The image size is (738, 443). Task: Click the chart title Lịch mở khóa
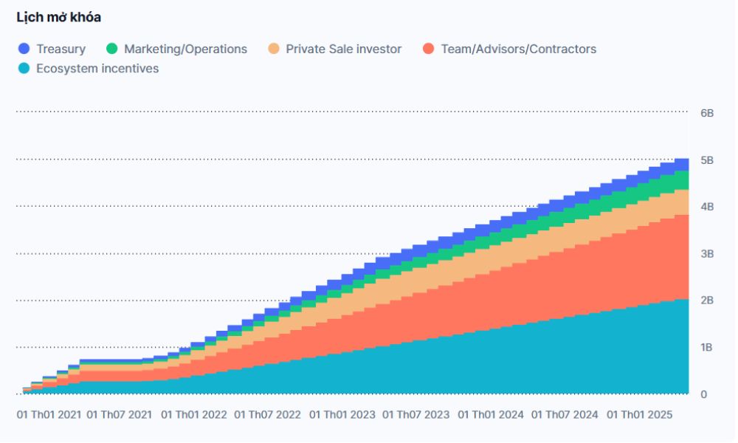pos(58,17)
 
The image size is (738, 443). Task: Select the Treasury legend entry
pos(61,49)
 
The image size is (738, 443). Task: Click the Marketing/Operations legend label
pos(185,49)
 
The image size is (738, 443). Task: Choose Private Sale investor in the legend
pos(343,49)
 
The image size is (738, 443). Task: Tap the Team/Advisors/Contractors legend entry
pos(518,49)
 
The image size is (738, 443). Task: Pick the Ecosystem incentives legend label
pos(97,69)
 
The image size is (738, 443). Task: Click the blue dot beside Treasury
pos(24,49)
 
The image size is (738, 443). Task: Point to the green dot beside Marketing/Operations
pos(112,49)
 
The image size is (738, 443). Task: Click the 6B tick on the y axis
pos(707,113)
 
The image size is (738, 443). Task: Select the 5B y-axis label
pos(707,160)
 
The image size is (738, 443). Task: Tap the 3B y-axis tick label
pos(707,254)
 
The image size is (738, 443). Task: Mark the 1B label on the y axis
pos(707,347)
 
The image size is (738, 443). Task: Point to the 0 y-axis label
pos(704,394)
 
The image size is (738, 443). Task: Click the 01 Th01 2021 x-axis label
pos(49,415)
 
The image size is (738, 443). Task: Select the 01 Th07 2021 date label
pos(120,415)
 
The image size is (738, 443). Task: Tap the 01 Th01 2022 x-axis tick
pos(193,415)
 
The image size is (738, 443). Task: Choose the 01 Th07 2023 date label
pos(416,415)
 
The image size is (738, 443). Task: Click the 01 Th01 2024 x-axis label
pos(491,415)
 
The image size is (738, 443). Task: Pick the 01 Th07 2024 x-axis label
pos(565,415)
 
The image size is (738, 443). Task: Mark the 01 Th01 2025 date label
pos(639,415)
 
